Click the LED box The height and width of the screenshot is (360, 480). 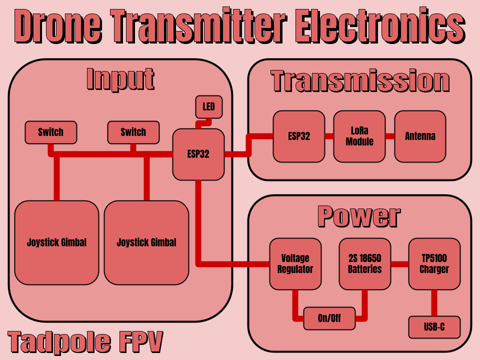[208, 107]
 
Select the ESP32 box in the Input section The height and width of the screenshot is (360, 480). [198, 154]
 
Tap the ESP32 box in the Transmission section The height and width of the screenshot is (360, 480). [298, 136]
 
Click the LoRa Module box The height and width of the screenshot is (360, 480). [359, 136]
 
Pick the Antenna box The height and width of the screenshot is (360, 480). [420, 136]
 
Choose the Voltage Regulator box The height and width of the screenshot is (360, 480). [295, 263]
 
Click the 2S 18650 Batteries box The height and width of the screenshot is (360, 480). [364, 263]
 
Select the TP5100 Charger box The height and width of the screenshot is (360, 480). [434, 263]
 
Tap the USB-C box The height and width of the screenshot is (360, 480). [434, 327]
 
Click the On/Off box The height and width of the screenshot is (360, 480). [329, 318]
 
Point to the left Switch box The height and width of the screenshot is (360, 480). [51, 132]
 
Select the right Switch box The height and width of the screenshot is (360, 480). [133, 132]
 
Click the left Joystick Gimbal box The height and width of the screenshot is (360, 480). [56, 242]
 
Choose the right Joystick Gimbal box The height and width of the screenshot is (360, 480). [146, 242]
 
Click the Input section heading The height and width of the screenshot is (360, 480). [120, 79]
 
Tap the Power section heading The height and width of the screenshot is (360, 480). [359, 216]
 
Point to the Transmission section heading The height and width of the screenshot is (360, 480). [360, 81]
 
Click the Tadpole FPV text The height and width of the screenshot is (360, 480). [85, 342]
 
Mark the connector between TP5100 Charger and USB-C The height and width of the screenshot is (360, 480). [434, 302]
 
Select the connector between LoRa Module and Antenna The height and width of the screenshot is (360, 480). [390, 136]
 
